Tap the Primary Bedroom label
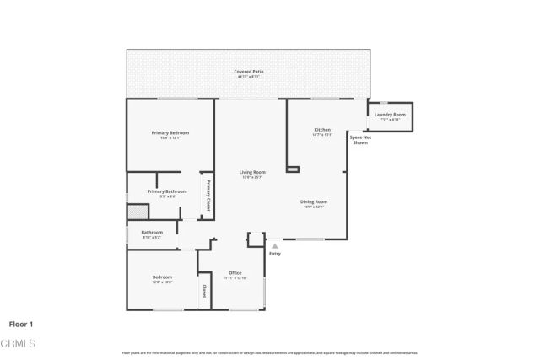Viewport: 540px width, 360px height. [x=170, y=133]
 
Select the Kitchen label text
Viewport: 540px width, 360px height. [x=310, y=130]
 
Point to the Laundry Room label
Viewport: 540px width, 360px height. [x=390, y=115]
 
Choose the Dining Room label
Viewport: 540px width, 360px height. [x=314, y=202]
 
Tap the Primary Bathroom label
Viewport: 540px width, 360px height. [x=167, y=192]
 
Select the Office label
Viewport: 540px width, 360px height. [x=235, y=273]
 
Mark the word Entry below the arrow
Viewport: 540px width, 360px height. [x=275, y=254]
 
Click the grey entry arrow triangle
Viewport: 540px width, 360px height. [x=274, y=246]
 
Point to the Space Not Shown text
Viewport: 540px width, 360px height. [x=360, y=139]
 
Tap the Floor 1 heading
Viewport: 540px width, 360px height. [x=21, y=324]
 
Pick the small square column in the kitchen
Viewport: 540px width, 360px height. [x=293, y=169]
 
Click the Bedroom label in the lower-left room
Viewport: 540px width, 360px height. [x=162, y=277]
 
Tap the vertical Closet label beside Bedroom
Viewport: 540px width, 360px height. [x=203, y=293]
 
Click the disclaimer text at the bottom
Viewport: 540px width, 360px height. [x=270, y=352]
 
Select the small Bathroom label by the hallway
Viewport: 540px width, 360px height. [x=152, y=233]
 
